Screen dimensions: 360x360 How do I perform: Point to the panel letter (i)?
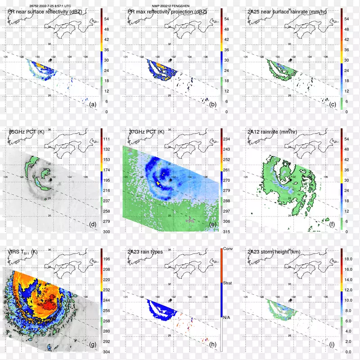pos(333,344)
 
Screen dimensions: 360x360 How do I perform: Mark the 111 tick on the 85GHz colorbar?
pos(108,139)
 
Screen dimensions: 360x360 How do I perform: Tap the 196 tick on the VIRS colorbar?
pos(108,259)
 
